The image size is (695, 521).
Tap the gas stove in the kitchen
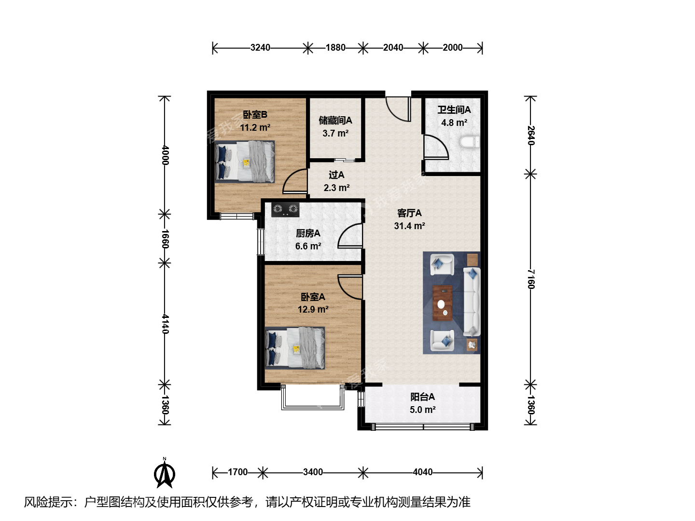[x=285, y=209]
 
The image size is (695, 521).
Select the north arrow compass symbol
[x=164, y=473]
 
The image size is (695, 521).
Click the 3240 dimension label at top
[x=260, y=48]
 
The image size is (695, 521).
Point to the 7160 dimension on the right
[x=531, y=279]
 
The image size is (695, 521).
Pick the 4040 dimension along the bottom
[x=423, y=472]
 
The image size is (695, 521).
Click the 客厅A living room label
[x=409, y=213]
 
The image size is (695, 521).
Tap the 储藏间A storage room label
[x=335, y=120]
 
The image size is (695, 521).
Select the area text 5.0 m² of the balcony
[x=423, y=410]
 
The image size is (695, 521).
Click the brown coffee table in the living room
[x=442, y=303]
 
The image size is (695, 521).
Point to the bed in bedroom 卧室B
[x=244, y=162]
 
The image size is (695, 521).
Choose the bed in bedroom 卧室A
[x=295, y=348]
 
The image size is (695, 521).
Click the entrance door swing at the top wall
[x=398, y=109]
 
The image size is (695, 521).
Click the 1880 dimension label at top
[x=335, y=48]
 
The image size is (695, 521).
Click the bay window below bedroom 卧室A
[x=313, y=398]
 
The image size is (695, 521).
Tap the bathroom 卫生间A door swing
[x=436, y=147]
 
